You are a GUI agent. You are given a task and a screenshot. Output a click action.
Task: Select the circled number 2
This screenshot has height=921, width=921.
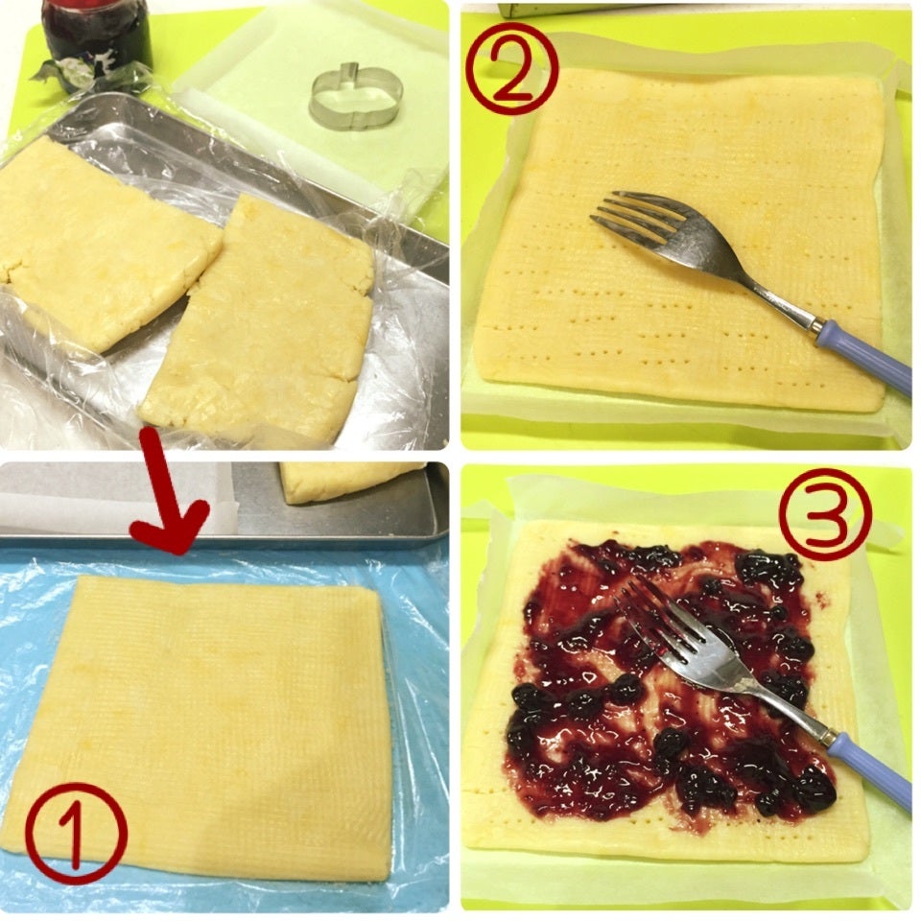[x=512, y=69]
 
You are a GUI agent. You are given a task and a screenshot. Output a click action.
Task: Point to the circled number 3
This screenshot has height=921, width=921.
[x=825, y=514]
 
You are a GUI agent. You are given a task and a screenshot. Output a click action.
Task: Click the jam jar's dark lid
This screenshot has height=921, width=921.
[x=98, y=6]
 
